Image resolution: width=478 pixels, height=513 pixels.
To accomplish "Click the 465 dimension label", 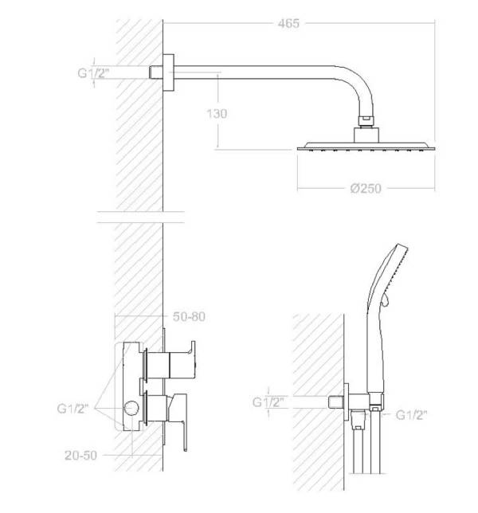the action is pos(288,24).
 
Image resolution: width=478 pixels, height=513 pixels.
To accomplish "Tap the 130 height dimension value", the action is pos(217,114).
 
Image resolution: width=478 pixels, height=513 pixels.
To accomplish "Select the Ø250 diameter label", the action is pos(366,189).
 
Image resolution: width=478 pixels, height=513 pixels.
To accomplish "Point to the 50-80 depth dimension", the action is pos(189,316).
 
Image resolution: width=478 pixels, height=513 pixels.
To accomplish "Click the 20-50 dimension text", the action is pos(80,455).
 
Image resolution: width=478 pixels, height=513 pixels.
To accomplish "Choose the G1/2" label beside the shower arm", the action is pos(92,72).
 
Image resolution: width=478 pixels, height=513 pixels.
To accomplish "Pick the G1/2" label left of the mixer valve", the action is pos(72,409).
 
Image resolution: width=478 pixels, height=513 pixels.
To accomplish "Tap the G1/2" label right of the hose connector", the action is pos(411,415).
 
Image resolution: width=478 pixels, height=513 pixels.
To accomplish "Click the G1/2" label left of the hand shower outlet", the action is pos(268,401).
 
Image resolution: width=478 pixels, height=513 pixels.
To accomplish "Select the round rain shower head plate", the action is pos(366,147).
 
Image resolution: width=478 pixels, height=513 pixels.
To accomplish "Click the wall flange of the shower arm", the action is pos(168,72).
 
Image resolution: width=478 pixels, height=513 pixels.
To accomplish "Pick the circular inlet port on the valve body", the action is pos(131,409).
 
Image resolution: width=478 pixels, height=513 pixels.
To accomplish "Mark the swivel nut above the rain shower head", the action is pos(366,121).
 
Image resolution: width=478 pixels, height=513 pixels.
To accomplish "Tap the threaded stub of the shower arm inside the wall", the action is pos(156,72).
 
